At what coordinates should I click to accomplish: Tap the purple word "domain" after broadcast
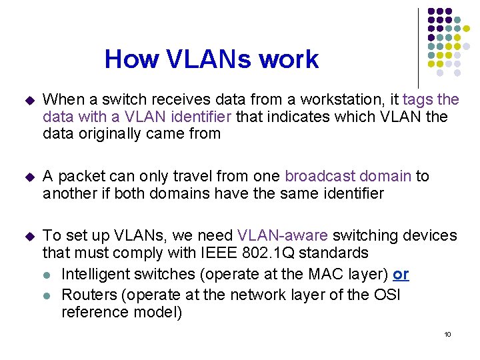[x=387, y=177]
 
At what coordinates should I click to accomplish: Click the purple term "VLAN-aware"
[x=283, y=236]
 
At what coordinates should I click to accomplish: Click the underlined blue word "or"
[x=401, y=275]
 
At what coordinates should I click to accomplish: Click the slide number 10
[x=447, y=334]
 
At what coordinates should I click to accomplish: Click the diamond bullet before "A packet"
[x=27, y=177]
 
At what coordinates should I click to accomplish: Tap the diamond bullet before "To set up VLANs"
[x=27, y=236]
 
